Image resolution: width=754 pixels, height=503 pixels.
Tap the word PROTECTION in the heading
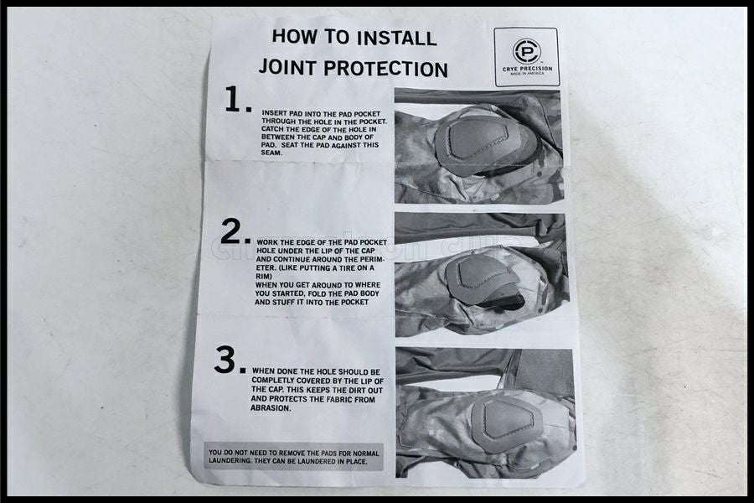coord(385,69)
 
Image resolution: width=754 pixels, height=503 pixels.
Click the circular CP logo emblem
coord(527,50)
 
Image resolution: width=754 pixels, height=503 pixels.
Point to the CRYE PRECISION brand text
coord(527,69)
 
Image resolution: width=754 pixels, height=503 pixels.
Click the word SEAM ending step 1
coord(272,153)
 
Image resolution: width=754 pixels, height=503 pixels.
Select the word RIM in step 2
coord(264,277)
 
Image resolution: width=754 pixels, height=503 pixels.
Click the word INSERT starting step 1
coord(275,113)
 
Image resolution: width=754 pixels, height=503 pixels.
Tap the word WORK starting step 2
coord(267,242)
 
